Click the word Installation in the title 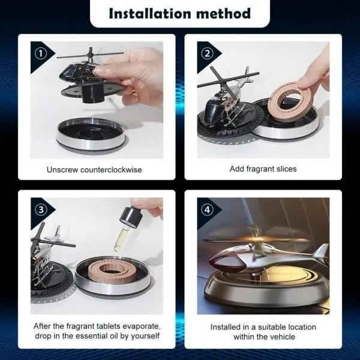point(149,13)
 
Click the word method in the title point(224,13)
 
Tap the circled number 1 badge point(41,54)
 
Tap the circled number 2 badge point(207,54)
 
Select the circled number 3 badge point(41,209)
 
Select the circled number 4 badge point(207,209)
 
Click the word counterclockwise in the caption point(111,170)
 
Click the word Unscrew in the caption point(62,170)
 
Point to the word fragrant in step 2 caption point(260,169)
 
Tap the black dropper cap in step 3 point(130,217)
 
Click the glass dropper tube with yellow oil point(119,239)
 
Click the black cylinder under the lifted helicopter point(93,94)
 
